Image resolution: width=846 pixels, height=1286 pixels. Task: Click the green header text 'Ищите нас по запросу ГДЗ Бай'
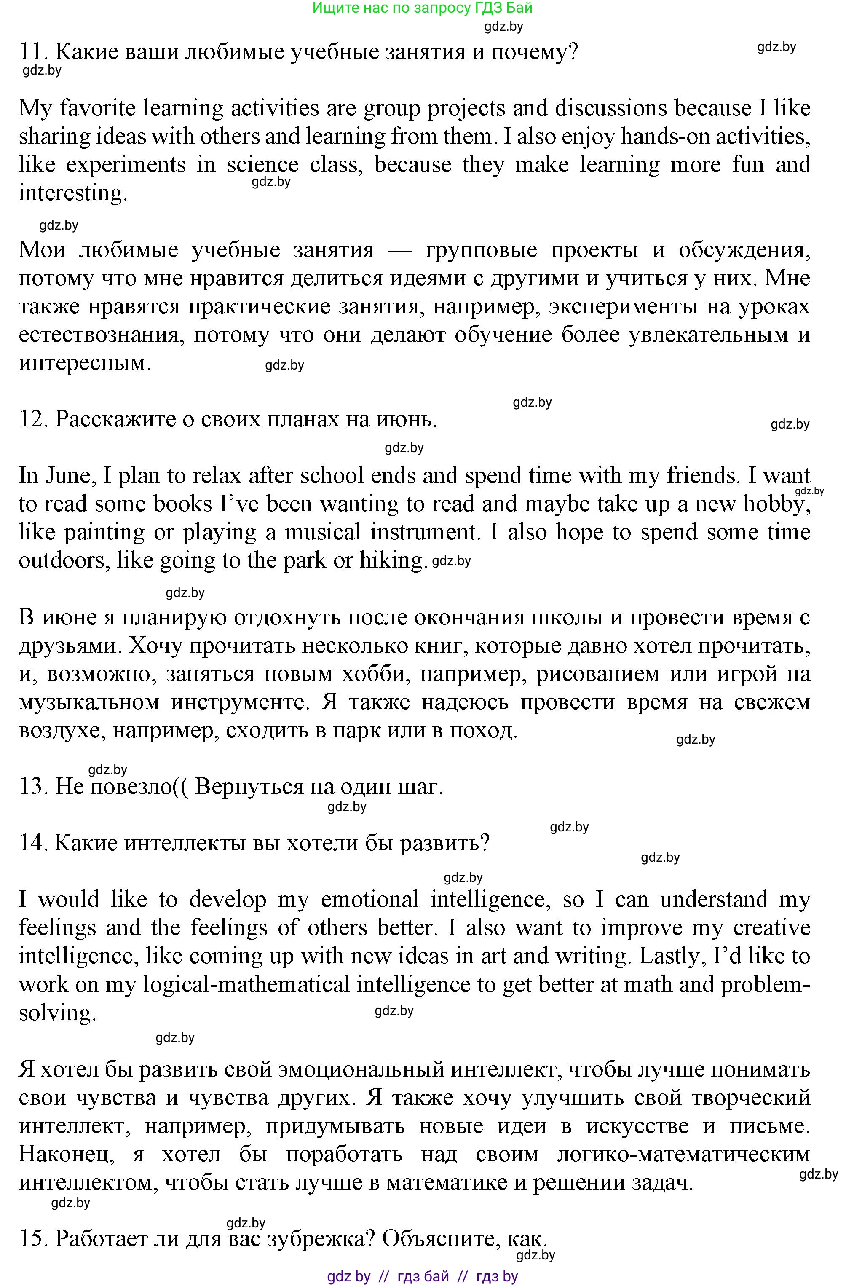coord(423,8)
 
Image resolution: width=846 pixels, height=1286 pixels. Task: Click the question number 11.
coord(33,52)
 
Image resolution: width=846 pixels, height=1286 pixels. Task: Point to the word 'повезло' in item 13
coord(130,787)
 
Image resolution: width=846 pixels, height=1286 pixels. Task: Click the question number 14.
coord(33,843)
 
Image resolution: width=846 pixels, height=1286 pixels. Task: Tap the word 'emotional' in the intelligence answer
coord(369,899)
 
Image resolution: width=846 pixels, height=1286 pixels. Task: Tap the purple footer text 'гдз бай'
coord(423,1276)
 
